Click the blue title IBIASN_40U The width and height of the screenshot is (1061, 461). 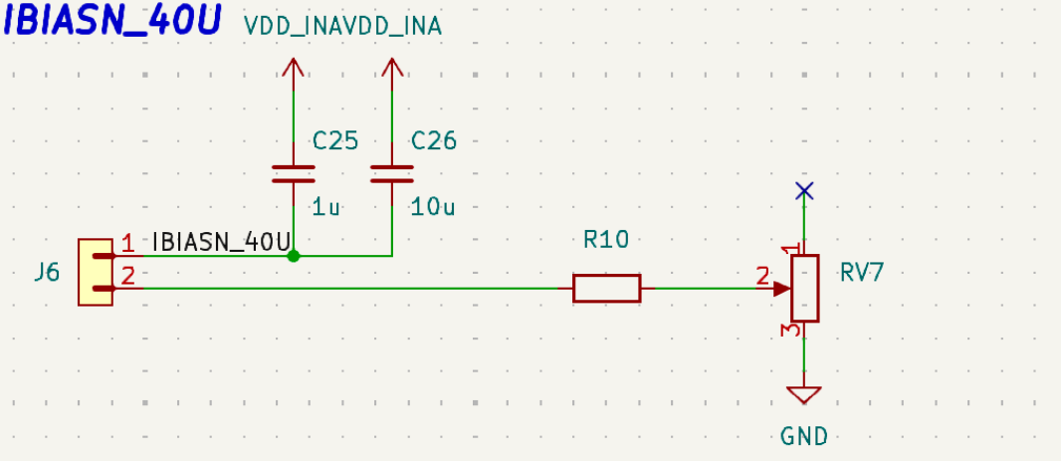[112, 22]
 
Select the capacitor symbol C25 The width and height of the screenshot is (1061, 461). [293, 174]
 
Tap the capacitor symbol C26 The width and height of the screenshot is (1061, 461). [392, 174]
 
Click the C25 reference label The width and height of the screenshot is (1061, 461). [334, 140]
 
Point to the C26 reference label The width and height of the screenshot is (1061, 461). [434, 140]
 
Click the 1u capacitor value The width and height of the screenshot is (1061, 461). [326, 208]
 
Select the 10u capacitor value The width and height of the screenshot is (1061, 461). [433, 208]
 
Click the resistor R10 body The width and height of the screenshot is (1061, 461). [606, 288]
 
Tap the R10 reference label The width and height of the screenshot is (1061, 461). [605, 240]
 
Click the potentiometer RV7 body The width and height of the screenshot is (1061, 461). [805, 288]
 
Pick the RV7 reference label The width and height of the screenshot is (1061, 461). [862, 273]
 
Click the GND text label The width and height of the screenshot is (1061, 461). [804, 435]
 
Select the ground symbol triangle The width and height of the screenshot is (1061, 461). [804, 394]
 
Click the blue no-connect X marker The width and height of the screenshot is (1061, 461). [805, 190]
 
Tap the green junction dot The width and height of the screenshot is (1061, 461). [293, 256]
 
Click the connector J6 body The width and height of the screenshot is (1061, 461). [97, 272]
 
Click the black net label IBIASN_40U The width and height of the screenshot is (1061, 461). [221, 242]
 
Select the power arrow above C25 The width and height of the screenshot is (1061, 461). [293, 69]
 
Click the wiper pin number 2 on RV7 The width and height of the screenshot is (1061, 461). [763, 278]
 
